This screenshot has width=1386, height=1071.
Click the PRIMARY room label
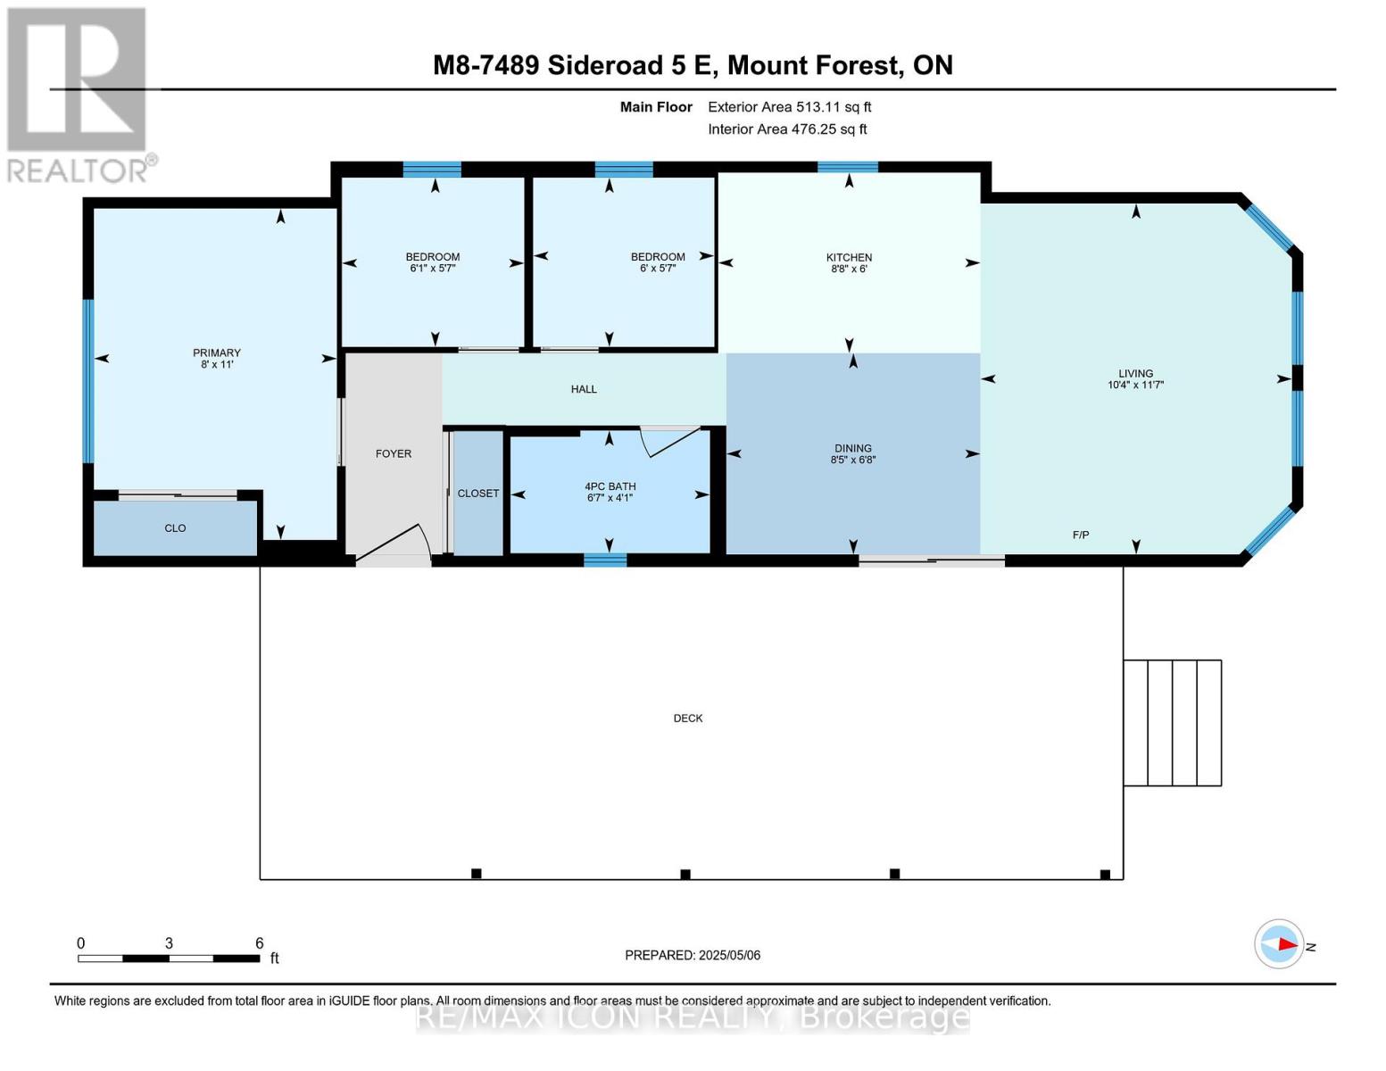pyautogui.click(x=216, y=353)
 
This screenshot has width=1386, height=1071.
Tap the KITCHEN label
pyautogui.click(x=848, y=257)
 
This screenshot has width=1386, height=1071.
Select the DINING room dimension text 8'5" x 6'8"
pyautogui.click(x=852, y=461)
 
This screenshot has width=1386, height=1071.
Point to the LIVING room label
pyautogui.click(x=1135, y=373)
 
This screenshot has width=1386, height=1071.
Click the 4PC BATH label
pyautogui.click(x=610, y=486)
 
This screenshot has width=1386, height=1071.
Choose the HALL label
pyautogui.click(x=584, y=389)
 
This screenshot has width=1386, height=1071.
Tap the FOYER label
pyautogui.click(x=393, y=453)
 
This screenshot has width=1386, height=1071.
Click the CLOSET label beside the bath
pyautogui.click(x=478, y=494)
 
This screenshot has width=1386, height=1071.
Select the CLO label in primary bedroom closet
pyautogui.click(x=175, y=528)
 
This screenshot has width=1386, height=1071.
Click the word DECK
pyautogui.click(x=687, y=718)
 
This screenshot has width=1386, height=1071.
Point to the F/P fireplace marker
pyautogui.click(x=1080, y=535)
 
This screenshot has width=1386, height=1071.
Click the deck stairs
pyautogui.click(x=1171, y=723)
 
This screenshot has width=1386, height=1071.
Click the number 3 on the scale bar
pyautogui.click(x=169, y=943)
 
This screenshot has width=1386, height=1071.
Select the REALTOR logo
pyautogui.click(x=79, y=94)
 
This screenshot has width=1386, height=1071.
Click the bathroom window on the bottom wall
pyautogui.click(x=605, y=560)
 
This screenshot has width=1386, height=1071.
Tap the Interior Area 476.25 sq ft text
pyautogui.click(x=787, y=129)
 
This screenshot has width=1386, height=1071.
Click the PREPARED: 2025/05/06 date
pyautogui.click(x=692, y=955)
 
